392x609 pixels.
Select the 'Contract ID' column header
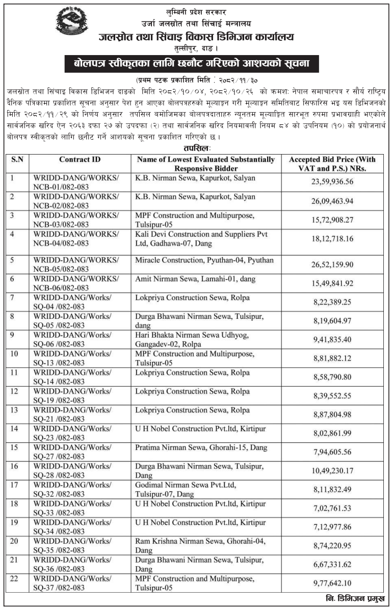point(80,160)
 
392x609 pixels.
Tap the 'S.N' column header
point(17,160)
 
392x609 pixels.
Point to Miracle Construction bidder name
point(204,260)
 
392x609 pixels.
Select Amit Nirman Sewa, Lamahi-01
point(195,278)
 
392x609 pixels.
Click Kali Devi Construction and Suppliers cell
point(201,238)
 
